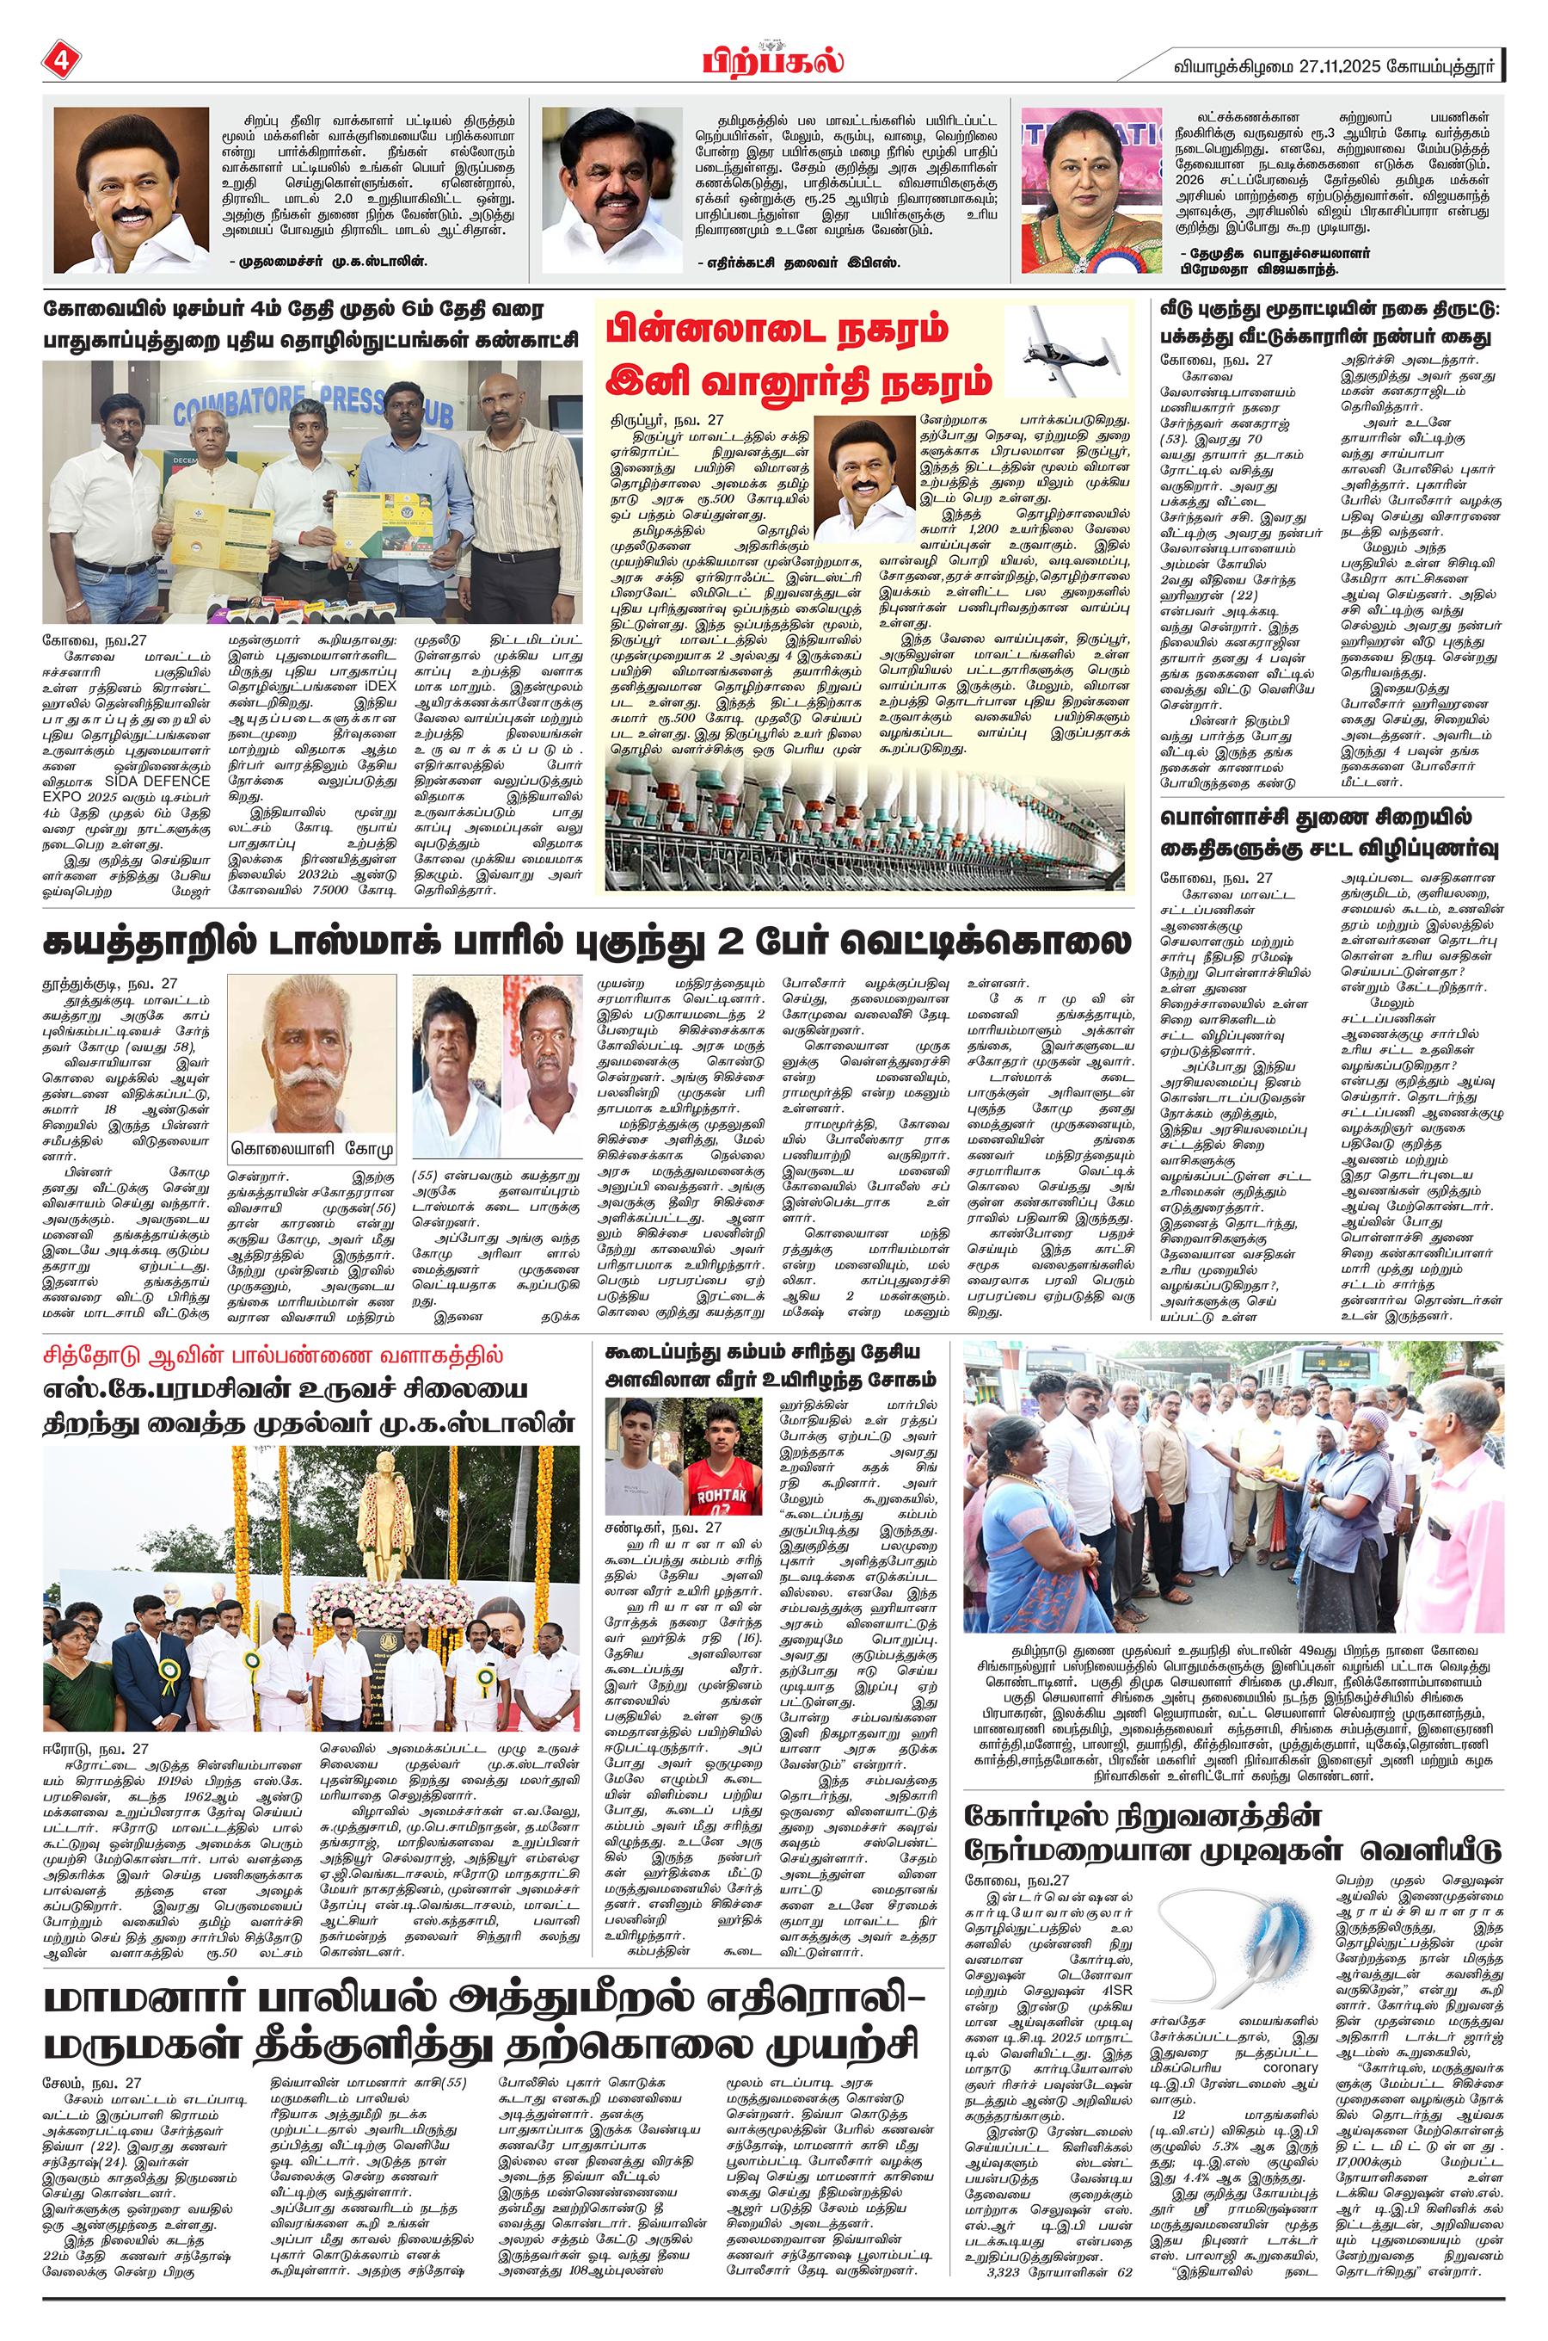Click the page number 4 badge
pos(60,61)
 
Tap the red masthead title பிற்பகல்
pos(773,60)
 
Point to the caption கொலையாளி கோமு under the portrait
pos(312,1149)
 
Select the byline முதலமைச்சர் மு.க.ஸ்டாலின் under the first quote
pos(329,262)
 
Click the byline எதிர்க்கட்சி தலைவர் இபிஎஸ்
pos(799,263)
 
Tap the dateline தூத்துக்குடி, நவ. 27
pos(108,984)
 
